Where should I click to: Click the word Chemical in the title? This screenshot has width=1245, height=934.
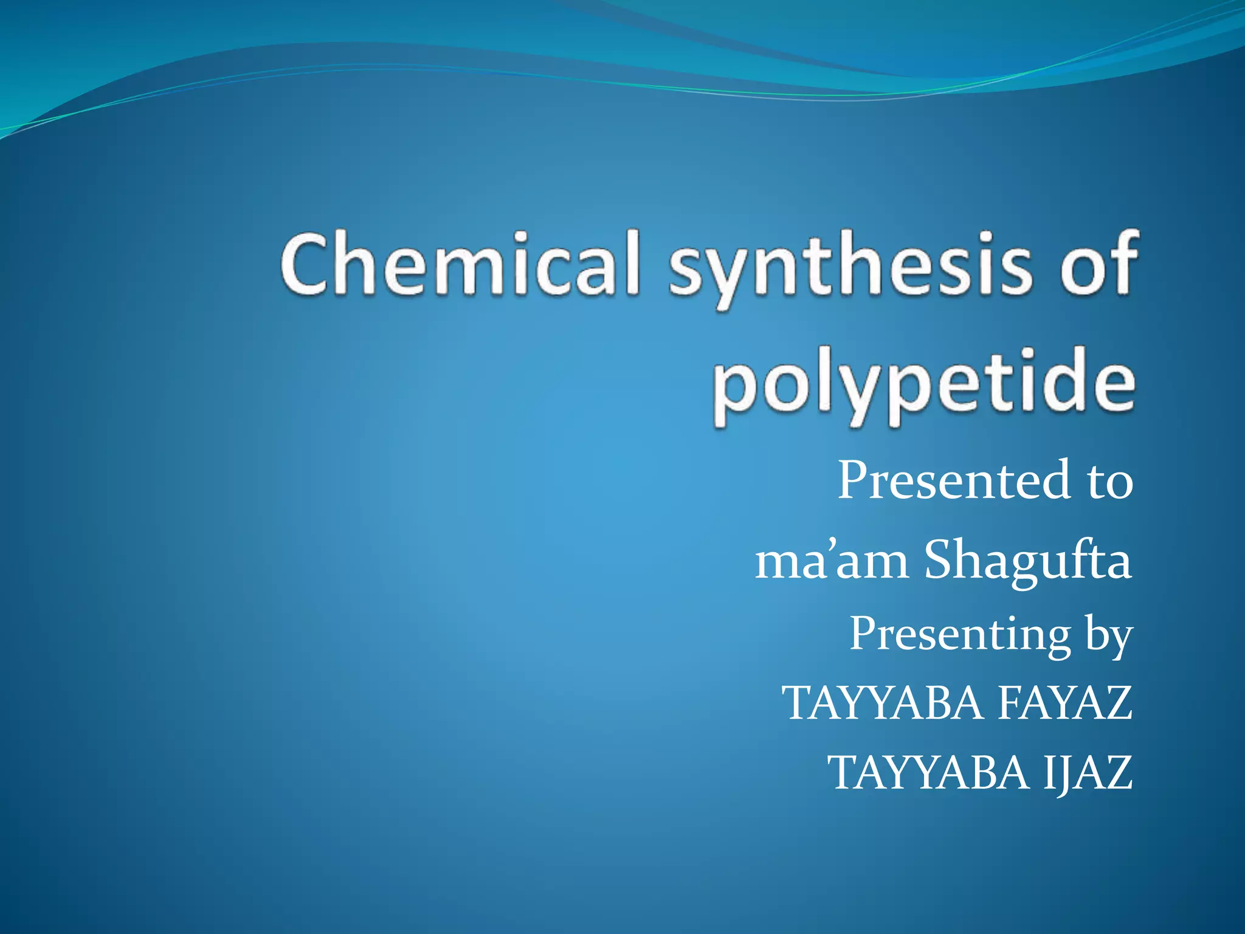[460, 263]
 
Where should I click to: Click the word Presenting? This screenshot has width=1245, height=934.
[960, 634]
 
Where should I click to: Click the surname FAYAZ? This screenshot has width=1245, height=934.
[1064, 703]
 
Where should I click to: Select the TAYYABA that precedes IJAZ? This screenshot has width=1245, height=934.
[929, 772]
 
